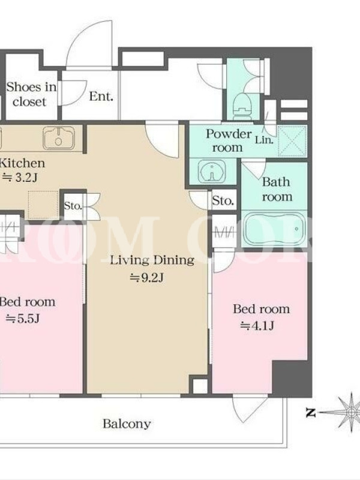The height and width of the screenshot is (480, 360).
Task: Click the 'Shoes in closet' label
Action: coord(31,94)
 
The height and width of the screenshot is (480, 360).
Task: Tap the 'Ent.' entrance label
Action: coord(101,97)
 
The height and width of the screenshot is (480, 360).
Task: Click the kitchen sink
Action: coord(59,138)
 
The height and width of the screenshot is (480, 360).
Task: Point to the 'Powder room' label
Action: coord(229,140)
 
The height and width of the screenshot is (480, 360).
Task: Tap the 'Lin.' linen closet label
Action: coord(264,140)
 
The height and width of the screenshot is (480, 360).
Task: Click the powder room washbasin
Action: coord(212,172)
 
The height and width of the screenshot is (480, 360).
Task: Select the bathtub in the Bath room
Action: coord(274,229)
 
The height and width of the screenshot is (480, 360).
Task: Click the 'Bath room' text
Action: coord(276,189)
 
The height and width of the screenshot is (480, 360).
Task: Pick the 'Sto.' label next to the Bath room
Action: coord(223,201)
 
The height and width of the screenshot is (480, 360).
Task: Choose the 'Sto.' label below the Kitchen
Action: coord(73,206)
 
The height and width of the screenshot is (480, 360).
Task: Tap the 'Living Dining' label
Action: coord(152,260)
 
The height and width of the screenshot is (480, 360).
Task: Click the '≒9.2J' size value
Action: coord(147,278)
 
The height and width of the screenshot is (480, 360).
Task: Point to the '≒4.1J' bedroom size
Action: coord(257,326)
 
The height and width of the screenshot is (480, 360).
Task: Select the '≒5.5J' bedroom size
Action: coord(23,319)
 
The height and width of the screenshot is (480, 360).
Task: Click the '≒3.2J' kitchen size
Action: coord(20,178)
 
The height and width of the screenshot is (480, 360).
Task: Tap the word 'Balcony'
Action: coord(127,424)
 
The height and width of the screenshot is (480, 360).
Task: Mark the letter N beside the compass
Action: coord(311,413)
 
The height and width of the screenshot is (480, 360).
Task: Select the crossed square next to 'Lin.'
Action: coord(292,141)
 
